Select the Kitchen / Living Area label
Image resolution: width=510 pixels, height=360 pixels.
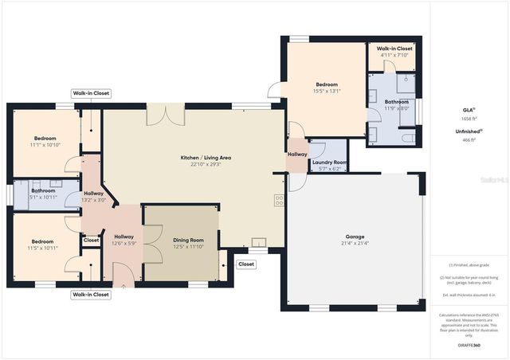[194, 158]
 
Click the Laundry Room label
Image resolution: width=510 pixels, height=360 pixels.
[328, 162]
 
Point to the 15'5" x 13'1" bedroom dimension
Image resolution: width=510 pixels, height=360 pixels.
[327, 92]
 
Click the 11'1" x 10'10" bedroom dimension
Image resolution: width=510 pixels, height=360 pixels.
[45, 145]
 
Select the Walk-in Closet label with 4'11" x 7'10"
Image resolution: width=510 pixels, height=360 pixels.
[394, 49]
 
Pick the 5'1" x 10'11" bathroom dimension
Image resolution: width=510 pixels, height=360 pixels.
[43, 198]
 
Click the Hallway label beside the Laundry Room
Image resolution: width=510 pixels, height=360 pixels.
[297, 154]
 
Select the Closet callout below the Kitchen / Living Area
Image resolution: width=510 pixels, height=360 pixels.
[246, 264]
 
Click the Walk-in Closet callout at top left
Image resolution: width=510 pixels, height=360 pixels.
[91, 93]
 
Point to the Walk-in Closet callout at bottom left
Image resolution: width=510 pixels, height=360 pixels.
[91, 295]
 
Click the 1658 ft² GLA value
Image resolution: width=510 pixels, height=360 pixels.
[468, 118]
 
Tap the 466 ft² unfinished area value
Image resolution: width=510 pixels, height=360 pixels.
[468, 139]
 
